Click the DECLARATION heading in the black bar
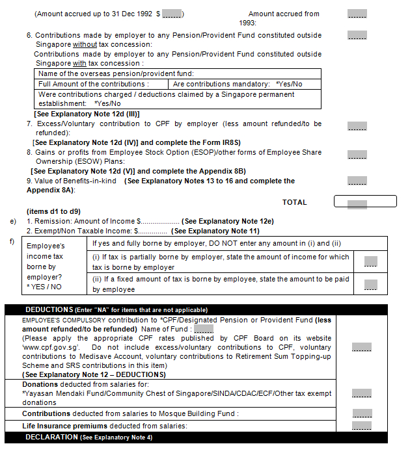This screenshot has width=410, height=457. click(52, 437)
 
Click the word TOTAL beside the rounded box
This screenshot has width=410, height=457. click(294, 202)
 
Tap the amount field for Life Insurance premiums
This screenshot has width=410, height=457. click(361, 426)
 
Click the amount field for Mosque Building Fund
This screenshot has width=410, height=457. click(361, 413)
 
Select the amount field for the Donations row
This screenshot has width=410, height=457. click(361, 393)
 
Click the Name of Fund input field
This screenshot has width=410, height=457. click(204, 329)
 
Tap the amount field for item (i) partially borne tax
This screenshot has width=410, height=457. click(370, 261)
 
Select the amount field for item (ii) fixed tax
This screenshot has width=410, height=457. click(370, 284)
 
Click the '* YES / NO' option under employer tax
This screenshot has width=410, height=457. click(44, 285)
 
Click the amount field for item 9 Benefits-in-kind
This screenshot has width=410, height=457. click(357, 181)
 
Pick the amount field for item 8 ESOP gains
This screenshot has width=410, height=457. click(357, 155)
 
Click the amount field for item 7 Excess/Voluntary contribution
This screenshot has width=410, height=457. click(357, 126)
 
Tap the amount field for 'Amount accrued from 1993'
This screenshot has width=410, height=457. click(357, 14)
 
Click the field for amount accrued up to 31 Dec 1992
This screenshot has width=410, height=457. click(172, 14)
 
